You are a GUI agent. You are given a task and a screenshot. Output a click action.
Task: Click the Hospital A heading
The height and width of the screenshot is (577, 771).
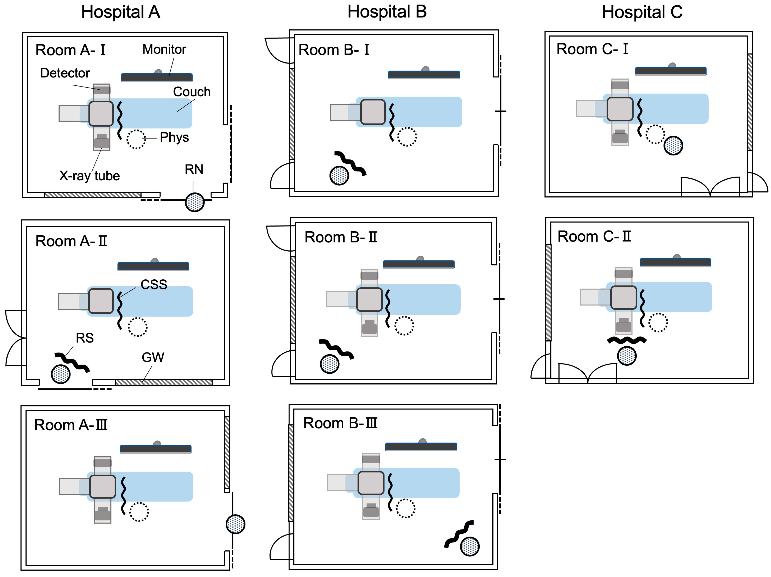click(x=121, y=12)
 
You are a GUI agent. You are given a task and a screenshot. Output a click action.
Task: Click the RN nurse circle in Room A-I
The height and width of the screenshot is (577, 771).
click(x=195, y=202)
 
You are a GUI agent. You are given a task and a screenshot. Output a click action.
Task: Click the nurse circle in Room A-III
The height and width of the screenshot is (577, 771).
click(x=236, y=524)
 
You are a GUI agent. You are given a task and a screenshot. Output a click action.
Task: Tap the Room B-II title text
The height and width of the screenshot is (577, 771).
click(x=341, y=237)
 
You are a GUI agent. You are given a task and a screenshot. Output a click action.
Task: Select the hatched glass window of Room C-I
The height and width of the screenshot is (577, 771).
click(x=750, y=102)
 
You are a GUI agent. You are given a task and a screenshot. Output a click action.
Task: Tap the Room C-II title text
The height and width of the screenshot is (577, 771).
click(x=594, y=237)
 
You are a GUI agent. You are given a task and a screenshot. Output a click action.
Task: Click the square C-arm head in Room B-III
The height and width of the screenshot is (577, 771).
click(x=371, y=483)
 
